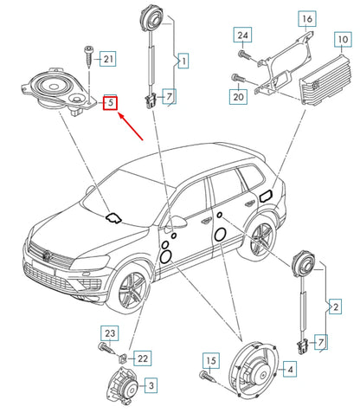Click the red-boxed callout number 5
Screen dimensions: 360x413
(111, 102)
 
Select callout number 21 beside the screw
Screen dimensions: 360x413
(108, 59)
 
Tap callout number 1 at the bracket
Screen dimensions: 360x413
(183, 61)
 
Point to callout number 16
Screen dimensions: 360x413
(307, 19)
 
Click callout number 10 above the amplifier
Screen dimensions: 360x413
(343, 39)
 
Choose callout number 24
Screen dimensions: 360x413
(242, 35)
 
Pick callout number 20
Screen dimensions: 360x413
(239, 96)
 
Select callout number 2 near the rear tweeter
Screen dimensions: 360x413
(336, 307)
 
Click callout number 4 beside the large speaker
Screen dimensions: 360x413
(290, 369)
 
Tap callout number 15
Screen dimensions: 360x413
(211, 360)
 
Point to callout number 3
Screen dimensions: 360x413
(151, 385)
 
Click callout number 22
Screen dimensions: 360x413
(143, 358)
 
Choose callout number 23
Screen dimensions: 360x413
(110, 333)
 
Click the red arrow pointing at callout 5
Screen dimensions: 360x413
(132, 126)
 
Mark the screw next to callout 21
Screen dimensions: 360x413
(88, 56)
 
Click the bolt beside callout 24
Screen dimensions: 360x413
(244, 55)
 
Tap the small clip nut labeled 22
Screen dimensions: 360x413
(121, 358)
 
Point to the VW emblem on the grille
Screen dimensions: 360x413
(47, 255)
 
